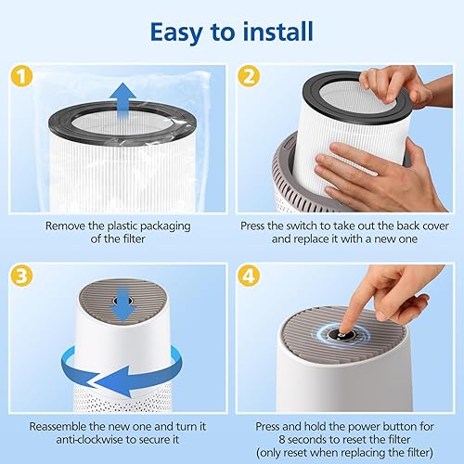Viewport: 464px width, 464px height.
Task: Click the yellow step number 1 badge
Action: [x=21, y=76]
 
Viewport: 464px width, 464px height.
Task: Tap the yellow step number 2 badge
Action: [x=250, y=76]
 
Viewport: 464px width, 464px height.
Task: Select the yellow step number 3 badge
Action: [x=21, y=276]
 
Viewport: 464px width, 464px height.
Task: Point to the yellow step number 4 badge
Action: [x=250, y=276]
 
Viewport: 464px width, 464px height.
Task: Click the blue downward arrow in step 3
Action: [x=123, y=304]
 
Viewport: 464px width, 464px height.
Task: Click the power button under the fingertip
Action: [x=340, y=334]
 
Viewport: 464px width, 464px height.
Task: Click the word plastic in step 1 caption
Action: [x=122, y=226]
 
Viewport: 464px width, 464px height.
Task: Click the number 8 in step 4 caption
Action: [x=282, y=440]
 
